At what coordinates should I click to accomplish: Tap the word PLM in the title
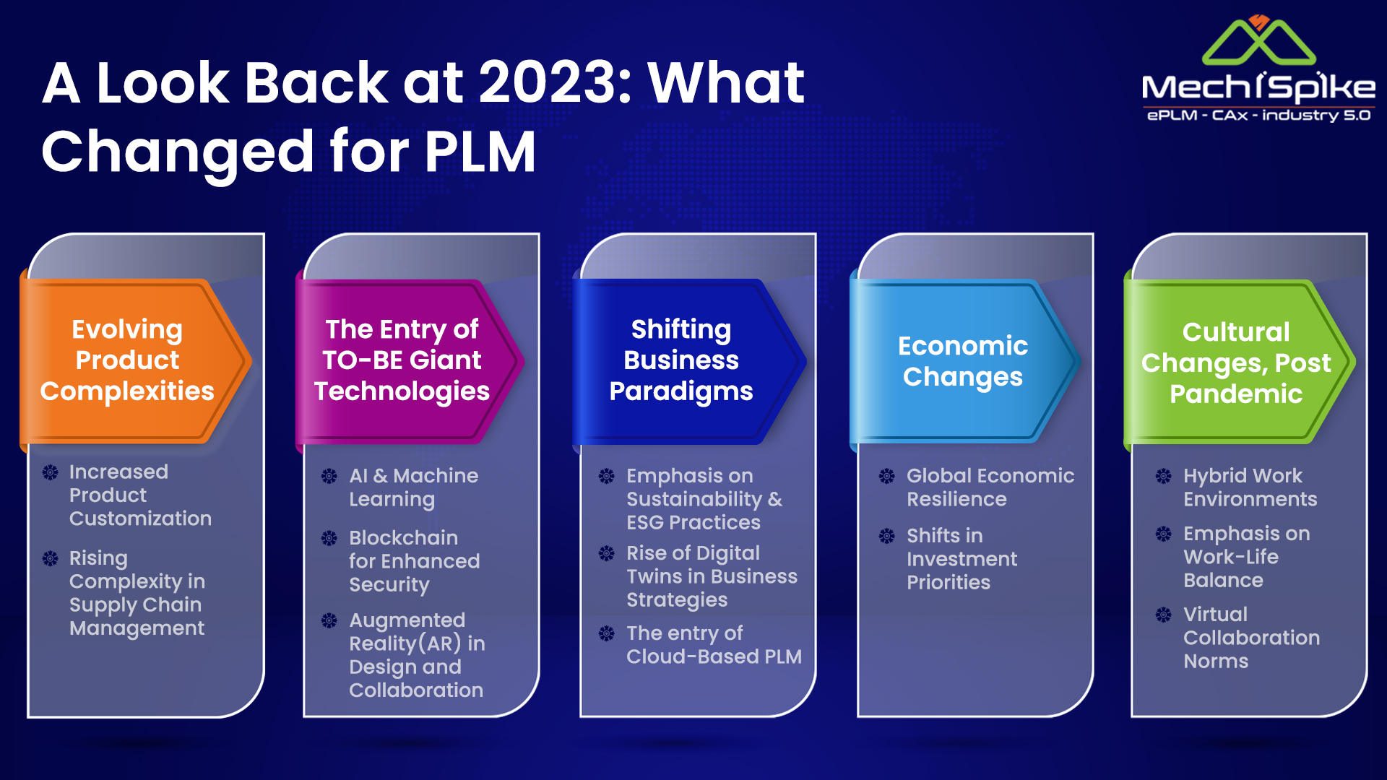[x=480, y=152]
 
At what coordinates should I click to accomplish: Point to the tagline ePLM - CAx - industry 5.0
[x=1258, y=116]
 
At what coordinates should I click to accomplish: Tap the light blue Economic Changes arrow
[x=965, y=361]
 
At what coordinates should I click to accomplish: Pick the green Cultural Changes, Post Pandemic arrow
[x=1240, y=361]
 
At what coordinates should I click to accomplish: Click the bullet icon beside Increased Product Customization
[x=51, y=472]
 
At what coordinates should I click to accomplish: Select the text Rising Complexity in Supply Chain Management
[x=137, y=593]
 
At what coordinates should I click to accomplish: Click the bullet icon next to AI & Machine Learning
[x=329, y=476]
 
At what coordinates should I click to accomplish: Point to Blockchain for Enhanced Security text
[x=415, y=561]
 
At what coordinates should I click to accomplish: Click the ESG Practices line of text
[x=693, y=522]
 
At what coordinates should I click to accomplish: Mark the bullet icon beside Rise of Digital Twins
[x=607, y=553]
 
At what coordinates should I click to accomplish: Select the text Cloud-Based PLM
[x=714, y=656]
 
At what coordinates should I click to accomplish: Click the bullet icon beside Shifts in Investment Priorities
[x=887, y=536]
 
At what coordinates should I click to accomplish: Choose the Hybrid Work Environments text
[x=1250, y=487]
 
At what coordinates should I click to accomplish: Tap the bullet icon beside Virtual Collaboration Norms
[x=1164, y=615]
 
